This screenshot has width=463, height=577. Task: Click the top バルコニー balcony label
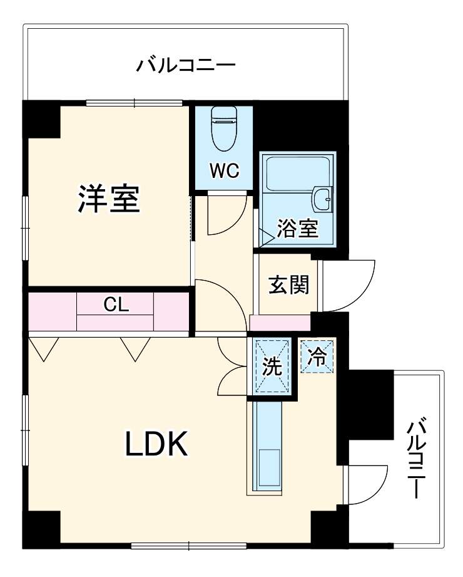186,65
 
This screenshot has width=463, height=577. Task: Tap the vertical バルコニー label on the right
417,459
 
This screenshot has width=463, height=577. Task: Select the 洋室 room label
108,199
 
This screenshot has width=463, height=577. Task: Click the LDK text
156,444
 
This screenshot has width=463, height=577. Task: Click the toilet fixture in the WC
223,128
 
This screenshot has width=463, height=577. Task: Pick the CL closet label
116,305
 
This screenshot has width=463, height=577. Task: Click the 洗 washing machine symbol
272,366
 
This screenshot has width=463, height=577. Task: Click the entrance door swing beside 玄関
346,285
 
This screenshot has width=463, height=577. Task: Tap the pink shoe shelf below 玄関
280,323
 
